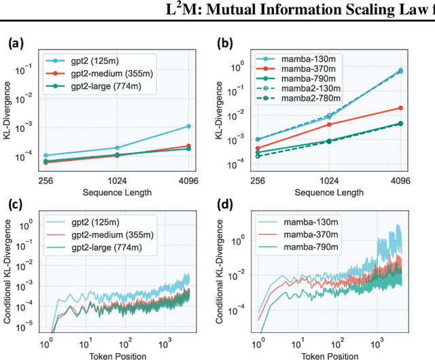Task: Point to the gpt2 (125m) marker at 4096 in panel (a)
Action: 188,126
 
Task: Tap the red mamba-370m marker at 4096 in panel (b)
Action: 400,108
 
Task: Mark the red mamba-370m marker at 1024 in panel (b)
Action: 330,124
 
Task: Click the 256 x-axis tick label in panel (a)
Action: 45,181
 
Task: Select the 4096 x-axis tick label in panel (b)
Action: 400,181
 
